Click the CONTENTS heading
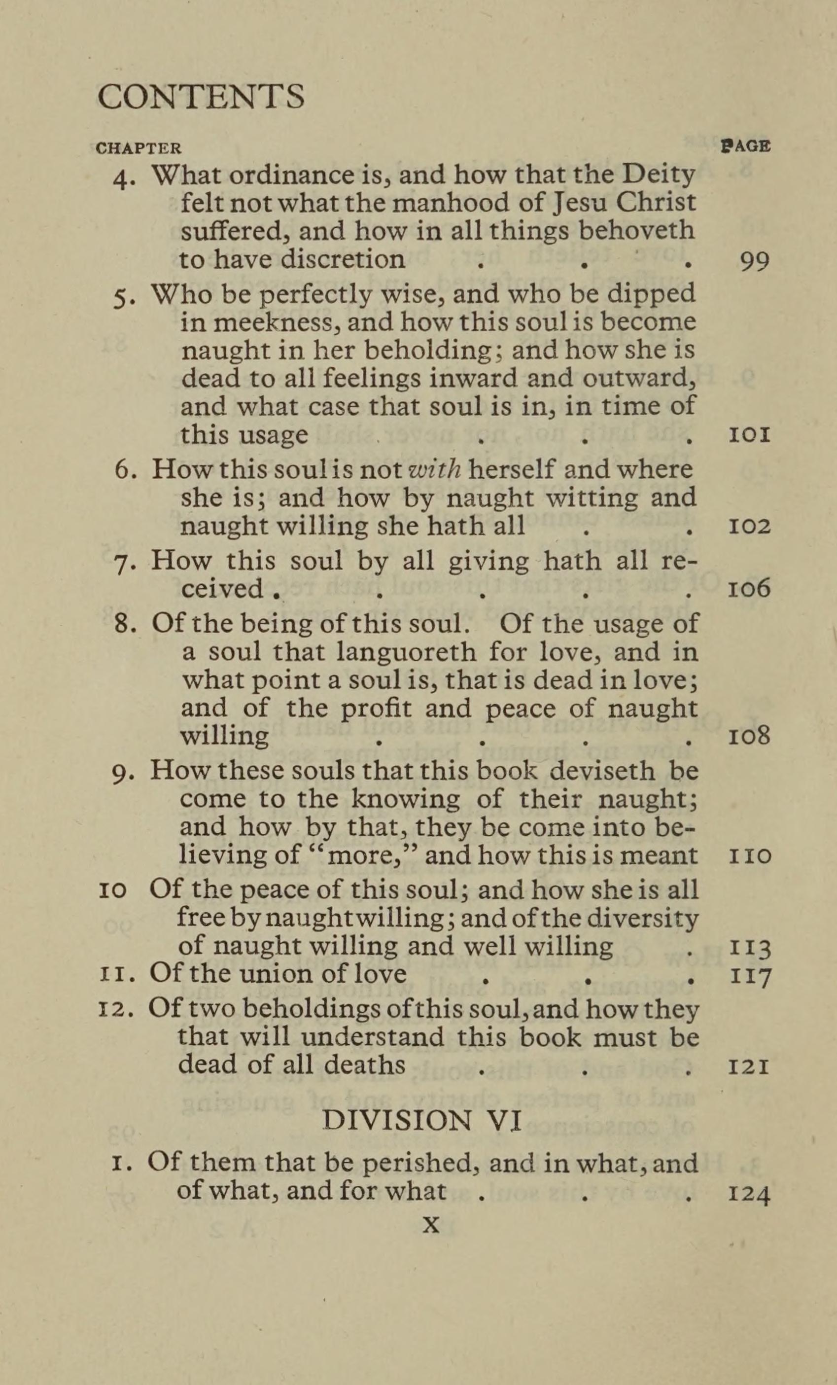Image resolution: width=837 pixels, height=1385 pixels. pos(201,97)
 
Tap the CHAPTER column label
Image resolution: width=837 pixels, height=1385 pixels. pos(139,148)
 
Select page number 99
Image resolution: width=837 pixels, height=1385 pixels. pos(754,262)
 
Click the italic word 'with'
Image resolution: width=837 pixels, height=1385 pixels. pos(436,469)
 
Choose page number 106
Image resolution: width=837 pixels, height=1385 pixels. pos(749,589)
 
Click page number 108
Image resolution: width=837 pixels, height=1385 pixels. pos(749,736)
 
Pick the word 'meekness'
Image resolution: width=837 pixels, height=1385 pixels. pos(278,322)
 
